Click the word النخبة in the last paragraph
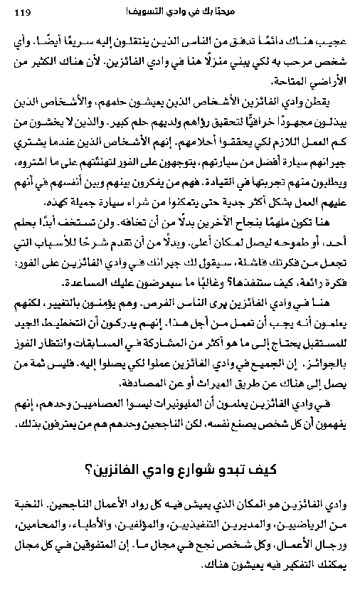pos(29,505)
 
